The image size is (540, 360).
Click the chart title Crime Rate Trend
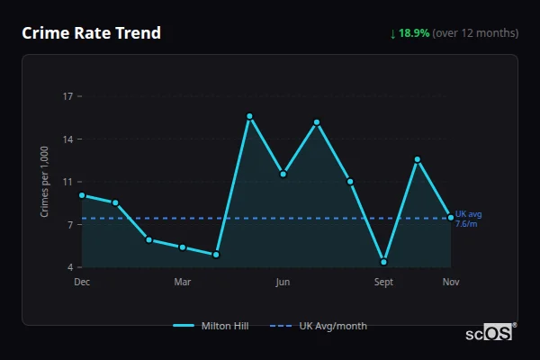tap(92, 33)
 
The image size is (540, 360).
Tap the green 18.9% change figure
tap(415, 33)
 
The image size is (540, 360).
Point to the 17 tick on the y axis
tap(67, 95)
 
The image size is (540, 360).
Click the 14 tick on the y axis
tap(67, 139)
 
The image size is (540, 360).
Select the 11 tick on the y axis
tap(67, 182)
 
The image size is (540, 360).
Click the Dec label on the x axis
tap(82, 282)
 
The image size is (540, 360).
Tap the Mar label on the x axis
tap(183, 282)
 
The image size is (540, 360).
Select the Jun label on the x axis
tap(283, 282)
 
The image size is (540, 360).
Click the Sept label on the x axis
tap(383, 282)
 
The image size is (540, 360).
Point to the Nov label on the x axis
tap(451, 282)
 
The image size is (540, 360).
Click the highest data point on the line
tap(249, 116)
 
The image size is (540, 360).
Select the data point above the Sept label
tap(383, 262)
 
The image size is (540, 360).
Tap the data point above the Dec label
tap(82, 195)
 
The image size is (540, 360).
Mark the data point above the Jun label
tap(283, 174)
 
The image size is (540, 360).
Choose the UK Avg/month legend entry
tap(319, 326)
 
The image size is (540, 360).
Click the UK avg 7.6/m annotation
tap(468, 219)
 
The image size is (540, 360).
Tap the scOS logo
tap(489, 333)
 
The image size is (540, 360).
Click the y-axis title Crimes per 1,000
tap(45, 182)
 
